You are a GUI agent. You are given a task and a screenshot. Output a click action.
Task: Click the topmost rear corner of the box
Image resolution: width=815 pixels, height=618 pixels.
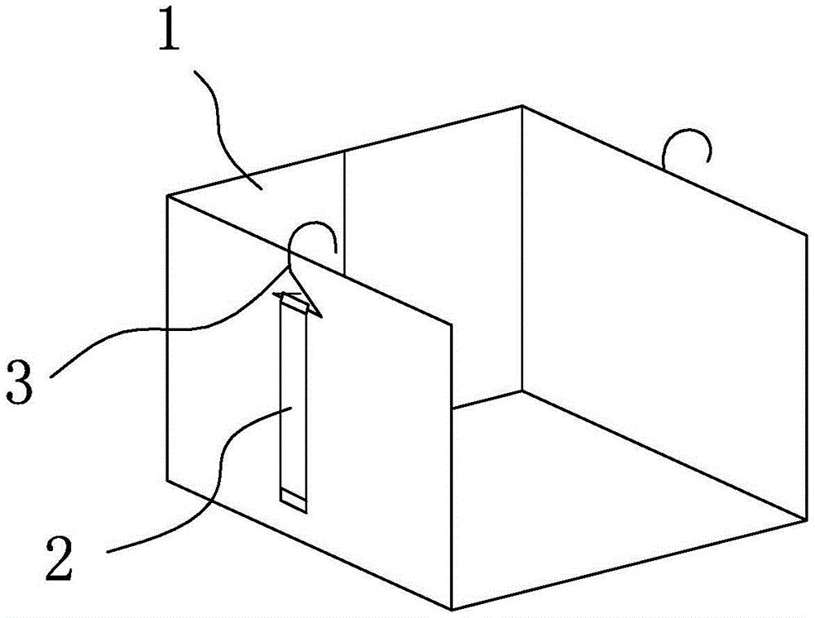[x=522, y=106]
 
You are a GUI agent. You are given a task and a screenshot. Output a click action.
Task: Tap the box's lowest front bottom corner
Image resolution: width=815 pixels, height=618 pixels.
[x=452, y=608]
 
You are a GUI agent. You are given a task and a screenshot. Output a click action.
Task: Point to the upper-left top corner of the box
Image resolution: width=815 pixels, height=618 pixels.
[x=167, y=196]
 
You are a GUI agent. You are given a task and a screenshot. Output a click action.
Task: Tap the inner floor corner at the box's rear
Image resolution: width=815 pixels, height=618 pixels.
[x=522, y=389]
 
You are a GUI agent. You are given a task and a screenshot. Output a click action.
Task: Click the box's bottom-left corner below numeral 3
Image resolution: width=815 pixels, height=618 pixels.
[x=167, y=481]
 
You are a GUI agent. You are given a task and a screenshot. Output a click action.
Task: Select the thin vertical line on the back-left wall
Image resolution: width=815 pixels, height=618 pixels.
[x=345, y=212]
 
